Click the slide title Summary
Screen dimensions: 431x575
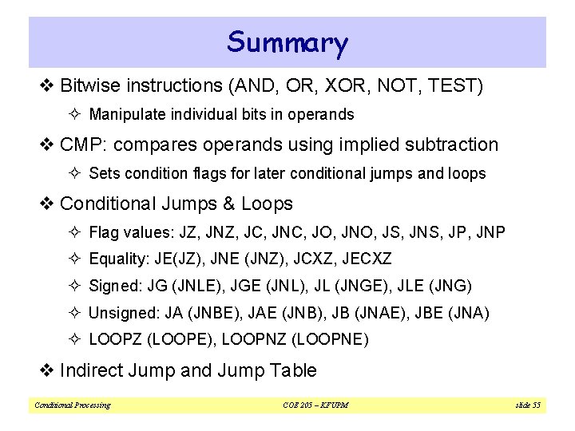(x=287, y=42)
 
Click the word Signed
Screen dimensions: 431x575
(x=113, y=286)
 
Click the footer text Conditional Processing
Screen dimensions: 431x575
(x=72, y=405)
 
